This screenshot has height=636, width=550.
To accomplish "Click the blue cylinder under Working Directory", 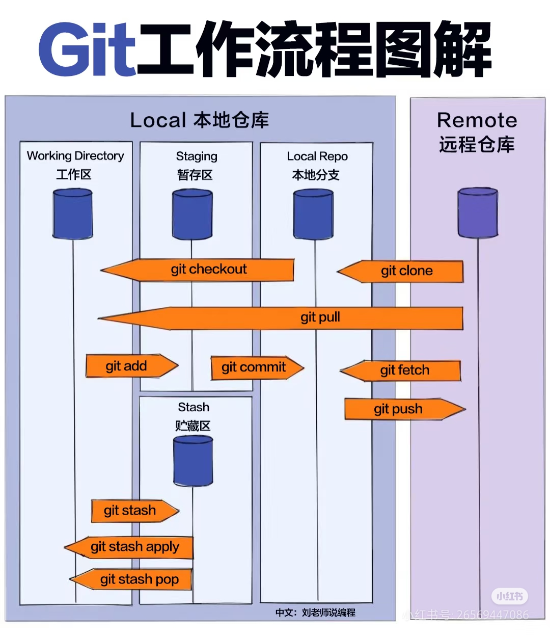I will (x=73, y=214).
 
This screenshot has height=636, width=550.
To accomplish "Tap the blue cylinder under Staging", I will (x=192, y=215).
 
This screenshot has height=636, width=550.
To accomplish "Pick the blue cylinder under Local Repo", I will (x=313, y=215).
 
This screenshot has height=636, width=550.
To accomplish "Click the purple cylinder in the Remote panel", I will (x=478, y=213).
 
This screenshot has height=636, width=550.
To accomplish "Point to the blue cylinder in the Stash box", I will (x=193, y=461).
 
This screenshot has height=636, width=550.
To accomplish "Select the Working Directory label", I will (x=75, y=156).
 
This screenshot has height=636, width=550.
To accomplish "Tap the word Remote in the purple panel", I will (x=477, y=121).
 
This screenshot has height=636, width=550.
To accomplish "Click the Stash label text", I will (x=194, y=407).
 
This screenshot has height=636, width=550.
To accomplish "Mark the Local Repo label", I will (x=317, y=156).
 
